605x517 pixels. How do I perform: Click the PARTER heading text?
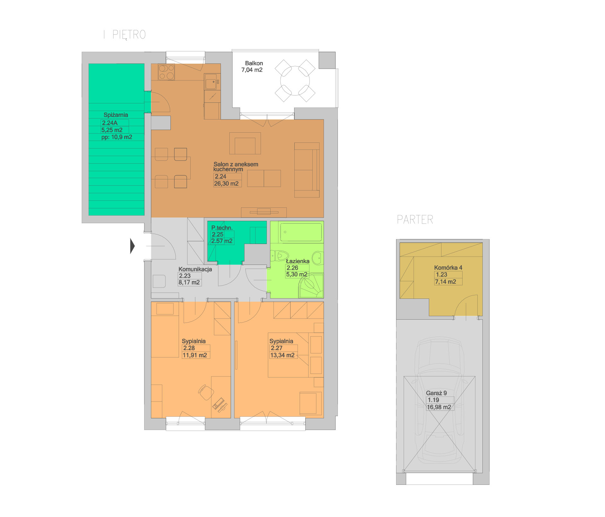415,219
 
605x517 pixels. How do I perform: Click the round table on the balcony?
295,81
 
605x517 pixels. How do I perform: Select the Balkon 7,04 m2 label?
252,67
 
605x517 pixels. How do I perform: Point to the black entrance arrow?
133,246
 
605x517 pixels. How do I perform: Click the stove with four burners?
166,72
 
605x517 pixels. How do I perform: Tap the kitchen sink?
211,84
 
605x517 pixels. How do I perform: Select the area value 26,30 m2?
226,183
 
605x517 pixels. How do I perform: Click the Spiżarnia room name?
116,115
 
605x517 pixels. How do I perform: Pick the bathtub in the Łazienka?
301,232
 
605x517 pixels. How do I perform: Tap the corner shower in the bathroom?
311,286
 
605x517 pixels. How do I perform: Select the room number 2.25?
217,234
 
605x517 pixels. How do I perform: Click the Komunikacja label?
195,269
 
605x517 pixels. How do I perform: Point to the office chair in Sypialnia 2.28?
206,392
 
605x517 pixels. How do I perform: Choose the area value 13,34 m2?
282,355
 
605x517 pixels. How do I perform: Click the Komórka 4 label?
448,268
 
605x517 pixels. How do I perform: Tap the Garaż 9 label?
436,393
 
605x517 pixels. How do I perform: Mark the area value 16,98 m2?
439,407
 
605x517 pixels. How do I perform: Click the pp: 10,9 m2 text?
117,137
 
